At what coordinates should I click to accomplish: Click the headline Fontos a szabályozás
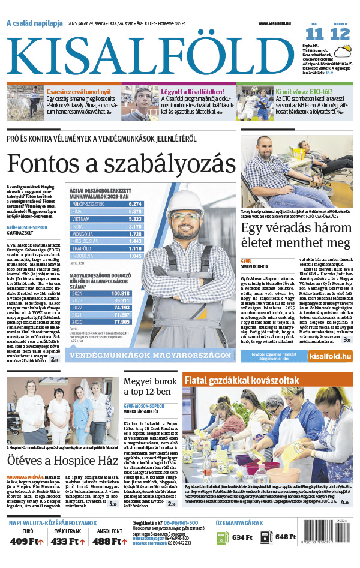122,163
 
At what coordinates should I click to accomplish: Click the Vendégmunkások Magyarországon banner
151,355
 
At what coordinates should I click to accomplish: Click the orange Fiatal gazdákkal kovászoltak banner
242,380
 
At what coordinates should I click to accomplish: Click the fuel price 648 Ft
287,537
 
